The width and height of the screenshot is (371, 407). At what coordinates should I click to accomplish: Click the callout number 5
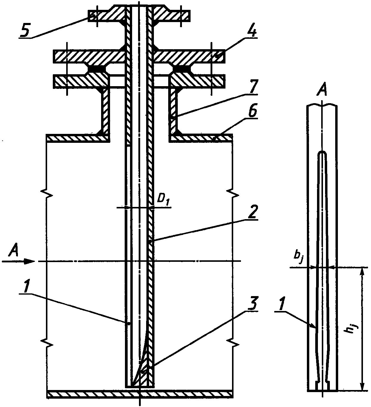point(25,30)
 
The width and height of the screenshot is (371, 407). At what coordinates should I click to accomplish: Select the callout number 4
point(252,30)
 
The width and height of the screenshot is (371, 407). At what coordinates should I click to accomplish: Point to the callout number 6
point(252,112)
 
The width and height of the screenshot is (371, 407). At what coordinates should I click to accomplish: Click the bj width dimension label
point(299,257)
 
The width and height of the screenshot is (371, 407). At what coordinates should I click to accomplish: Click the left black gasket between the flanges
point(97,69)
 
